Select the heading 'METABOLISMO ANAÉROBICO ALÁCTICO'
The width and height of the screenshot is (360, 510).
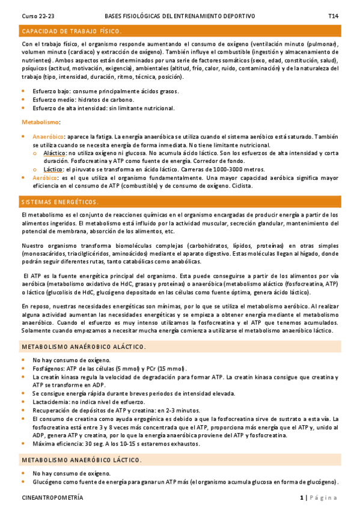[x=83, y=347]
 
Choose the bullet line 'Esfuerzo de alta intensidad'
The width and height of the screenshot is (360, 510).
[x=103, y=108]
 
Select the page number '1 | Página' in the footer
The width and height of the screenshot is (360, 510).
[x=319, y=498]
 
